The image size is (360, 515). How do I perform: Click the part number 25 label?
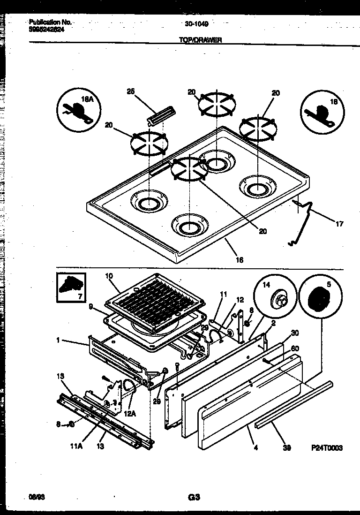pyautogui.click(x=130, y=91)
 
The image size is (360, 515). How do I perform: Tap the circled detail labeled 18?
pyautogui.click(x=322, y=111)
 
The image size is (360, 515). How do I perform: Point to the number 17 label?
pyautogui.click(x=339, y=224)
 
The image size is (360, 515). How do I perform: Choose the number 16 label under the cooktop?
pyautogui.click(x=239, y=259)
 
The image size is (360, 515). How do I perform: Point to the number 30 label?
pyautogui.click(x=294, y=333)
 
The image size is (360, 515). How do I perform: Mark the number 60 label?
pyautogui.click(x=295, y=348)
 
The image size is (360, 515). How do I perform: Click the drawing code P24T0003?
pyautogui.click(x=326, y=448)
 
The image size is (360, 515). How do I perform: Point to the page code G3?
pyautogui.click(x=194, y=497)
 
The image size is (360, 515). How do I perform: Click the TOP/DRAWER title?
pyautogui.click(x=200, y=40)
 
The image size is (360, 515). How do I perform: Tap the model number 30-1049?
pyautogui.click(x=196, y=23)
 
